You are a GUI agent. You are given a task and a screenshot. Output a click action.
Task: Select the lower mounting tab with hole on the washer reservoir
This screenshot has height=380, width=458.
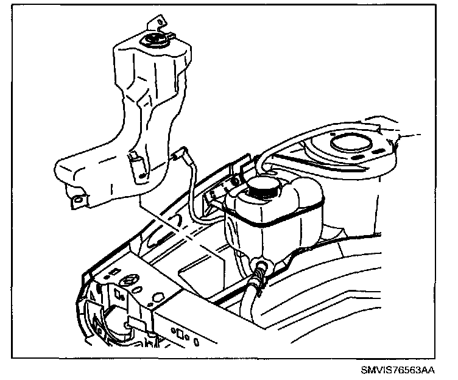[x=76, y=200]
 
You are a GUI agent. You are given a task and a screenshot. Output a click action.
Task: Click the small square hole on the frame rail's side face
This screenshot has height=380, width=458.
[x=180, y=333]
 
